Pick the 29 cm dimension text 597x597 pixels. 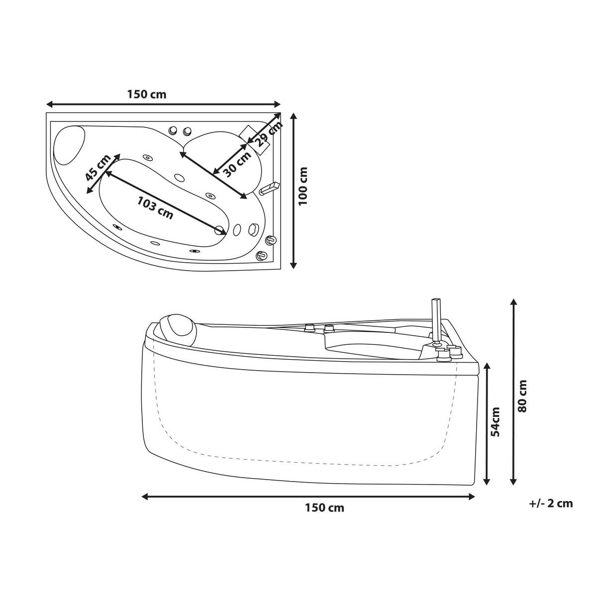pos(269,133)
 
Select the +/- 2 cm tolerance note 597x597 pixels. pos(550,503)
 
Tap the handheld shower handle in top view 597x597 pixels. pos(269,188)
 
